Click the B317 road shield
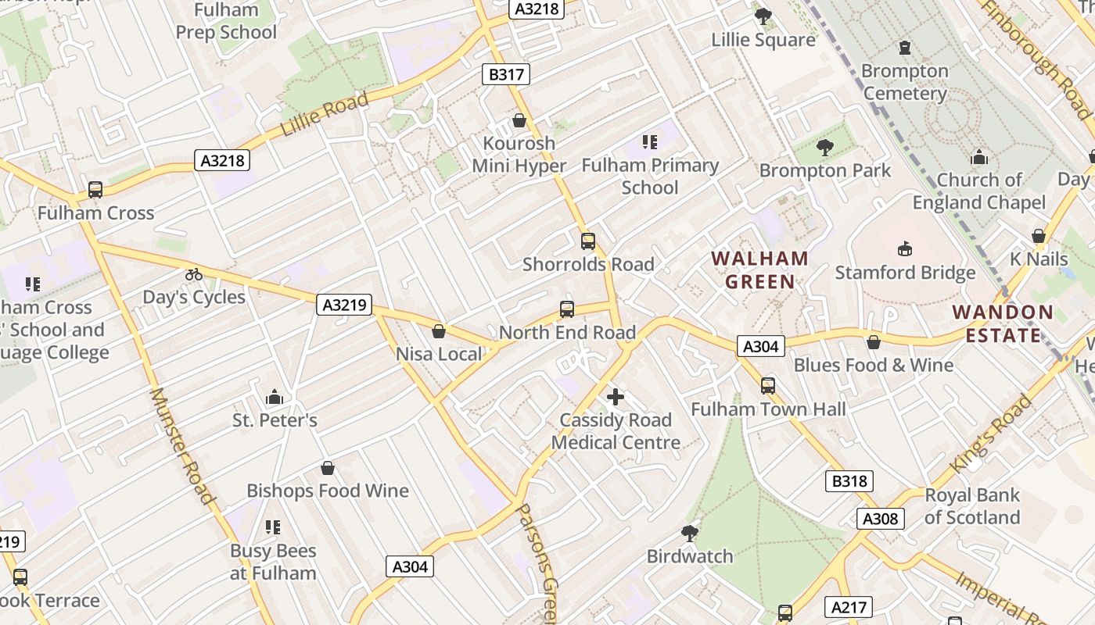[506, 74]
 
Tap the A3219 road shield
[344, 305]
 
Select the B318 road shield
[849, 481]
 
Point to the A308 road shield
[881, 519]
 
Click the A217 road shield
[849, 607]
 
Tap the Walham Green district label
[759, 270]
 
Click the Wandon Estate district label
[1003, 323]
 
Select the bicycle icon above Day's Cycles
[194, 274]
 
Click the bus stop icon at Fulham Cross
[95, 190]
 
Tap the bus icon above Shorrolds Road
[588, 241]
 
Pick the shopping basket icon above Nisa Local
[439, 331]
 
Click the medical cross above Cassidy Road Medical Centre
[616, 397]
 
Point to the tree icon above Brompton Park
[824, 147]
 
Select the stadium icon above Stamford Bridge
[906, 248]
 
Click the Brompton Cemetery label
[905, 82]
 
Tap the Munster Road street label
[181, 445]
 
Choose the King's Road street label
[991, 434]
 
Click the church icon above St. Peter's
[274, 398]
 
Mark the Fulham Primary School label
[650, 176]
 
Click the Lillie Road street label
[324, 114]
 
